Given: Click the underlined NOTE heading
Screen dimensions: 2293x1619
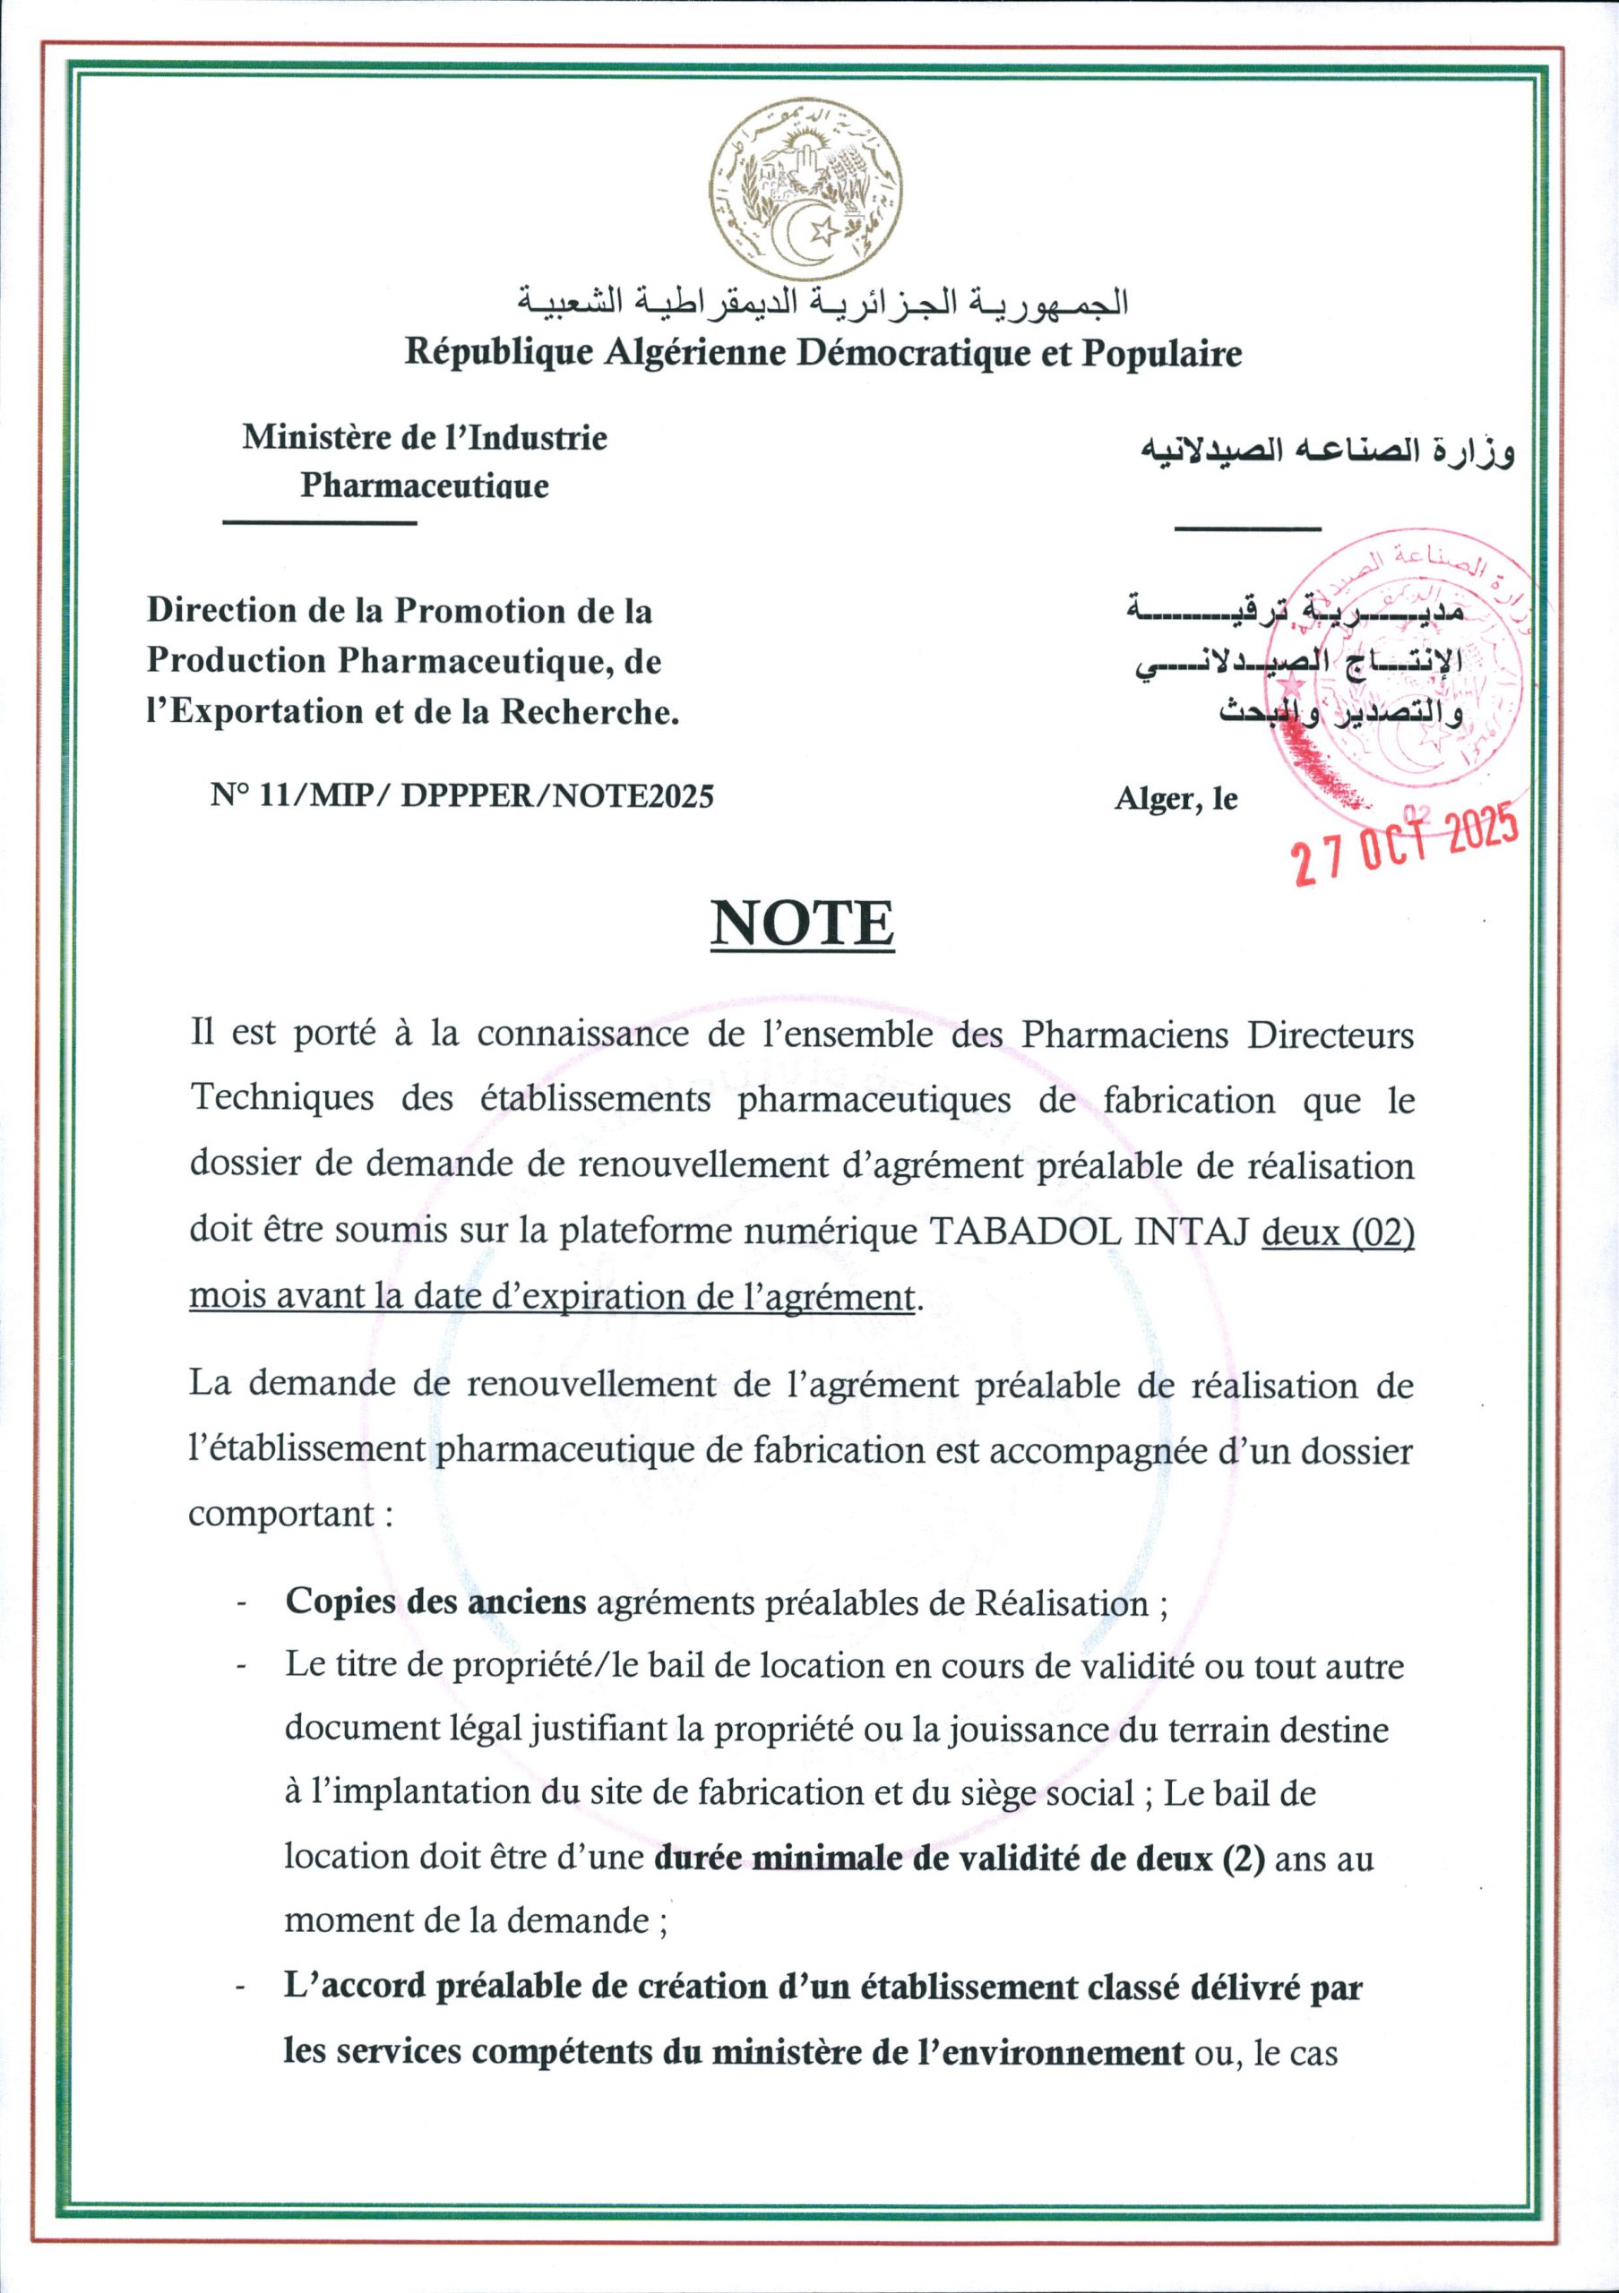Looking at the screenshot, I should (802, 924).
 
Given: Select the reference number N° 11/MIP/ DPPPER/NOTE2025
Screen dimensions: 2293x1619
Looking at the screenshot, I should (462, 797).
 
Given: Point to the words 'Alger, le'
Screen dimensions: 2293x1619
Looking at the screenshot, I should (1175, 799).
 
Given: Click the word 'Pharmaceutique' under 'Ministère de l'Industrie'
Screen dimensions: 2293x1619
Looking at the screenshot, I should (425, 486).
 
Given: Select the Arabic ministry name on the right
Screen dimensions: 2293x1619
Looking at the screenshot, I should (1327, 451).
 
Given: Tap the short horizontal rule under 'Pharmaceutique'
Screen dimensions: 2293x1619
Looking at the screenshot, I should (319, 522).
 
